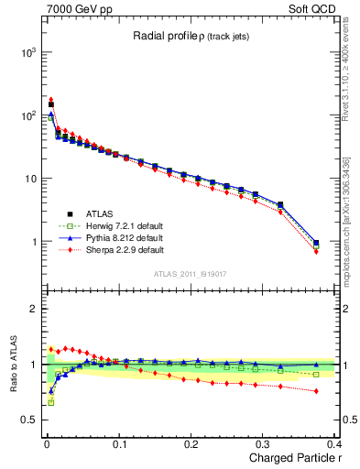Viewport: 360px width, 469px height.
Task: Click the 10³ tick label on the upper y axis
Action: [28, 53]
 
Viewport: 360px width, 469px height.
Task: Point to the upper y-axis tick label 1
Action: [34, 243]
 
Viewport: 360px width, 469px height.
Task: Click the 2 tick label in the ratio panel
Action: [35, 310]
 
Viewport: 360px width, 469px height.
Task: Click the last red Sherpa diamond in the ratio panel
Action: [316, 391]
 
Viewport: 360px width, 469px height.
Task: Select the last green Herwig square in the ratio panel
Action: [316, 375]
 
